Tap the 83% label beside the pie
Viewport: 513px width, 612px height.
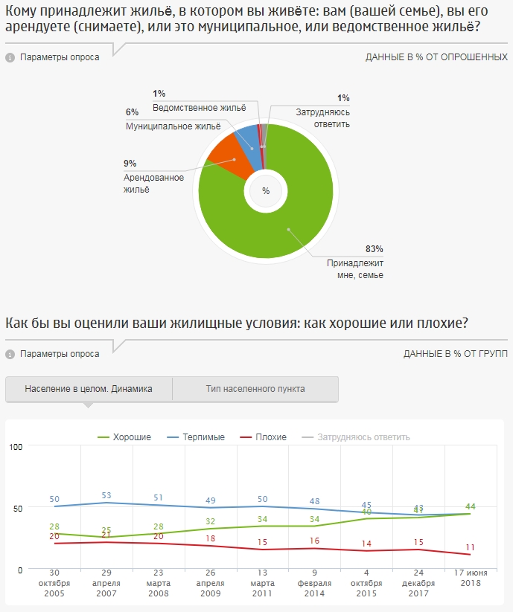tap(374, 249)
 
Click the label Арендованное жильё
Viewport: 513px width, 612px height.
tap(153, 183)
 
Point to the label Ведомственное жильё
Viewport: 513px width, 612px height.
tap(199, 108)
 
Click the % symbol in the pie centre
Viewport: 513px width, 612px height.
tap(265, 192)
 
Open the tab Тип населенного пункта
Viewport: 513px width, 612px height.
tap(255, 389)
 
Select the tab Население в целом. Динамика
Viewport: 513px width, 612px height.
tap(89, 389)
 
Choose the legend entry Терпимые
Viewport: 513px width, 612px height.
tap(197, 437)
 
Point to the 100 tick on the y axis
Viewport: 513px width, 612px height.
tap(16, 446)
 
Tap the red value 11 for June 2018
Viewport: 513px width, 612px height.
tap(470, 548)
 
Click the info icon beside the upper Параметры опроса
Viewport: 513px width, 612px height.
tap(10, 57)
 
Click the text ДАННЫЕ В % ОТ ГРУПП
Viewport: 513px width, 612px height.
tap(456, 354)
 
